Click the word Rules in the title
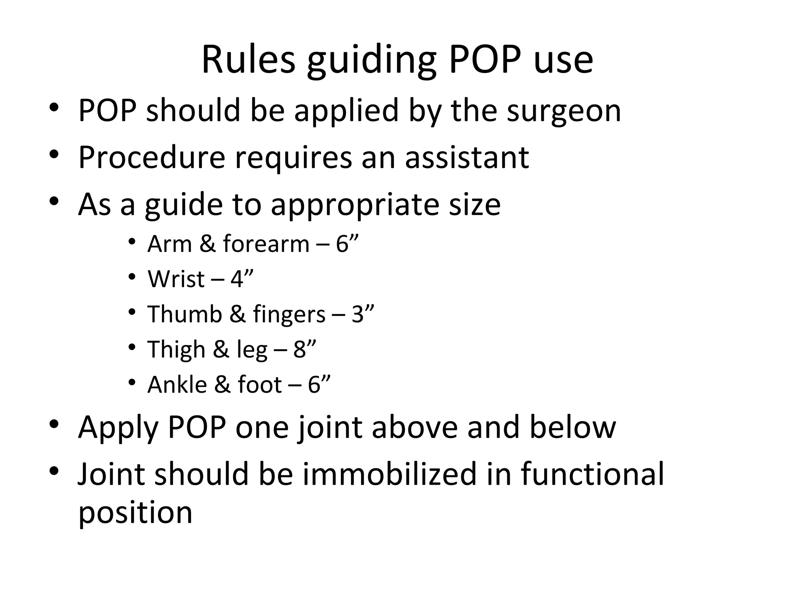coord(248,60)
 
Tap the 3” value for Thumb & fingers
coord(363,314)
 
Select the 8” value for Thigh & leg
coord(305,349)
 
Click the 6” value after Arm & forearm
coord(347,244)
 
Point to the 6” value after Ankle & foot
coord(319,385)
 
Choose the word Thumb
coord(184,314)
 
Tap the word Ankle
coord(177,385)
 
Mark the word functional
coord(592,474)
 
